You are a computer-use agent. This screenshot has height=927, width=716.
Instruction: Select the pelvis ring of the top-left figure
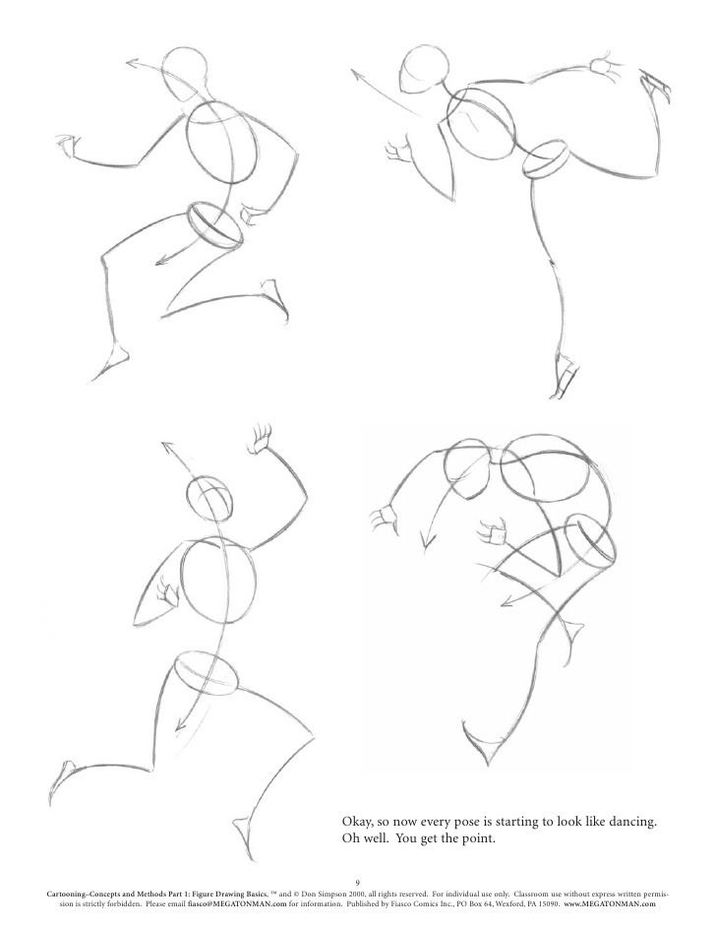tap(215, 225)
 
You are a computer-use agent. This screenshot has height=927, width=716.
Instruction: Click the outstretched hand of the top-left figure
tap(67, 145)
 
